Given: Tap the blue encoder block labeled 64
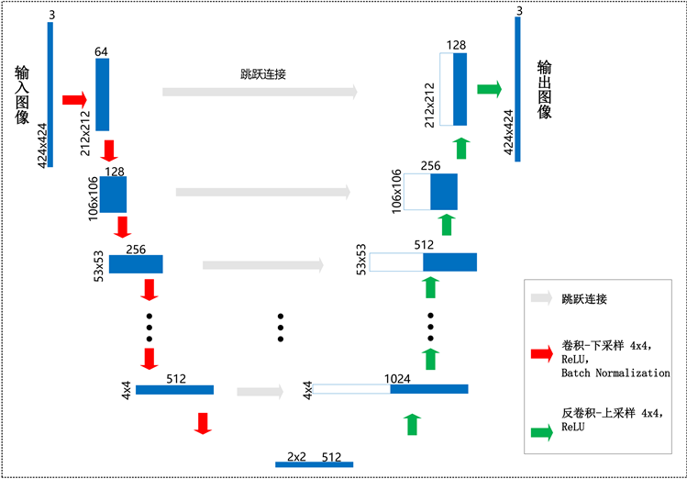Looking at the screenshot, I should click(102, 95).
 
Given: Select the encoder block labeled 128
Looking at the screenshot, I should click(114, 195).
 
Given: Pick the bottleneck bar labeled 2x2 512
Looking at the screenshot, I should click(314, 464).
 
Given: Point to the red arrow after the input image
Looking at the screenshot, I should click(74, 98).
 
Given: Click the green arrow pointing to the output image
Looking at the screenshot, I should click(490, 89).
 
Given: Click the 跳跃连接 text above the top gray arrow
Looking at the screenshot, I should click(260, 74).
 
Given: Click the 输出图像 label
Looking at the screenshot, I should click(545, 90).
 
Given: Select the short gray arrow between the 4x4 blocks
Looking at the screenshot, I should click(260, 391).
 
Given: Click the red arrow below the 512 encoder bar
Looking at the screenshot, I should click(203, 422).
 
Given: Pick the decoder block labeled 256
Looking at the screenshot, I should click(444, 192).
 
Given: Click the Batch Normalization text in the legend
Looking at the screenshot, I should click(615, 373).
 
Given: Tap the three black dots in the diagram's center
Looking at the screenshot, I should click(282, 328).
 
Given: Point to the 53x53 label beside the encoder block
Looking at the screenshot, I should click(99, 263).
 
